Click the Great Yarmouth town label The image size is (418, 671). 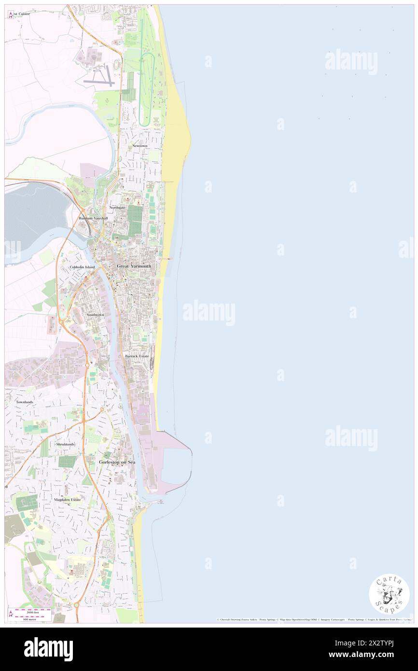pyautogui.click(x=134, y=266)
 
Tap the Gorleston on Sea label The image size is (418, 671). pyautogui.click(x=117, y=462)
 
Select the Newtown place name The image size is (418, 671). pyautogui.click(x=139, y=145)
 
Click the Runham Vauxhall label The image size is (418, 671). pyautogui.click(x=94, y=218)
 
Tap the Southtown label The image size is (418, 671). pyautogui.click(x=95, y=314)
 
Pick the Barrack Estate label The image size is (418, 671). pyautogui.click(x=137, y=356)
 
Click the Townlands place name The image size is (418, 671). pyautogui.click(x=25, y=402)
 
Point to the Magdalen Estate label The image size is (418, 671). pyautogui.click(x=68, y=499)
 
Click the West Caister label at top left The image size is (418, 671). pyautogui.click(x=21, y=14)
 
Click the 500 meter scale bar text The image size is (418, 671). pyautogui.click(x=33, y=619)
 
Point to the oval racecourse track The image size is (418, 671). pyautogui.click(x=147, y=87)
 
